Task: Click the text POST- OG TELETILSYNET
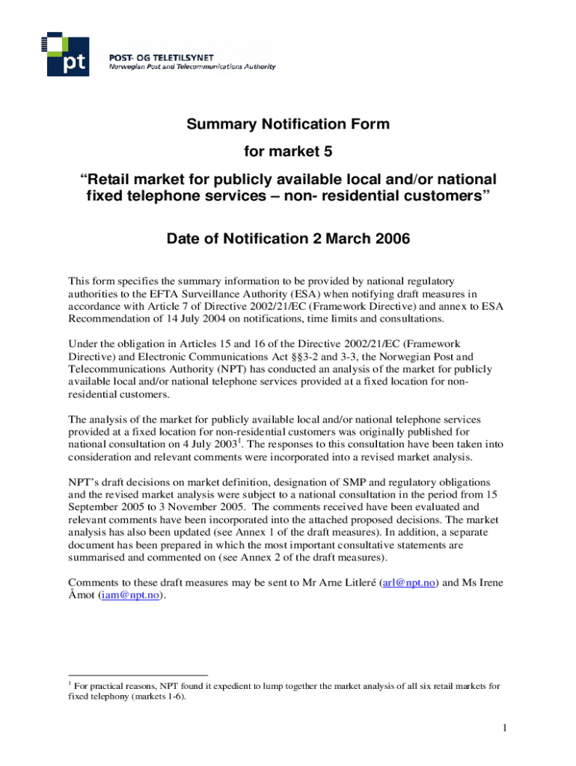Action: (156, 57)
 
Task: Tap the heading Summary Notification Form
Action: (288, 124)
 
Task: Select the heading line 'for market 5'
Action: (288, 153)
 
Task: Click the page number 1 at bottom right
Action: (506, 729)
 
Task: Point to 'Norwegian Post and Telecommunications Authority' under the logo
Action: (193, 67)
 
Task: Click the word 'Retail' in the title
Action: (114, 181)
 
